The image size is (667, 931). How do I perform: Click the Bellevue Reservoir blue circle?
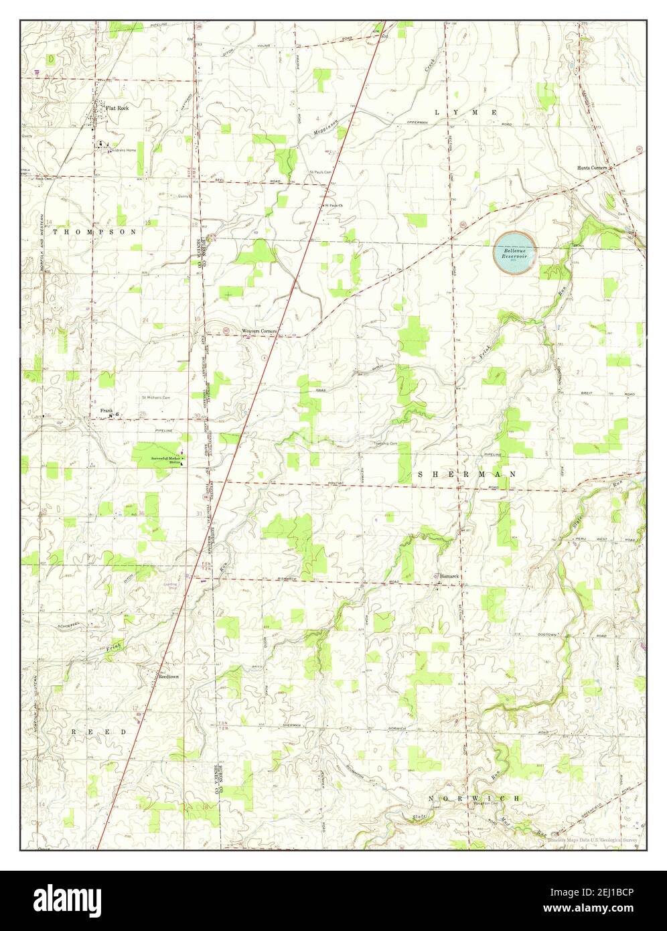514,252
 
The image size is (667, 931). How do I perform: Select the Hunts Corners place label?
592,168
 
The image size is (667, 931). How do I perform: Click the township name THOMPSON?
94,231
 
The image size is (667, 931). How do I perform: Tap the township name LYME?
466,113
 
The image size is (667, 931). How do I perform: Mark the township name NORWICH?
475,799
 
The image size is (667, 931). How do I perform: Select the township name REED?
99,733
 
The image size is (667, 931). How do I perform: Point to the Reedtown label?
168,677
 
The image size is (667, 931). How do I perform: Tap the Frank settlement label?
106,410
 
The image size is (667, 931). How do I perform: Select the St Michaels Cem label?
155,397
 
